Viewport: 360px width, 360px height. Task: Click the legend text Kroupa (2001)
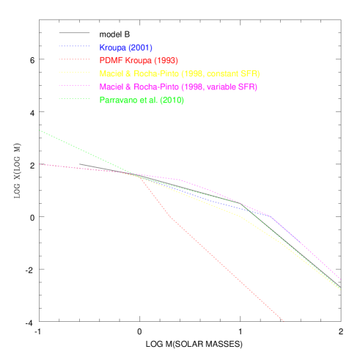125,48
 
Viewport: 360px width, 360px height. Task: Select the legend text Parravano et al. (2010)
142,100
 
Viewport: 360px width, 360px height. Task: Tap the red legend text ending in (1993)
139,61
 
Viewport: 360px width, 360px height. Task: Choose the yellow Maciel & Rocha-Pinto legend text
179,74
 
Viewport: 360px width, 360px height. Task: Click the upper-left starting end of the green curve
40,131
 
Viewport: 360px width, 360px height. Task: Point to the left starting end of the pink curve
40,164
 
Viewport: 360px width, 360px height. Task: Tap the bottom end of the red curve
283,320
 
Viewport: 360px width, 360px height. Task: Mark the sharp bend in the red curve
171,218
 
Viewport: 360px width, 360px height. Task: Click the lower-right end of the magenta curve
340,279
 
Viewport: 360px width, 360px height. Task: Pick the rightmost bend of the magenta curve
271,216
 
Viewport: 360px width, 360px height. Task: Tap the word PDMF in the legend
110,61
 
